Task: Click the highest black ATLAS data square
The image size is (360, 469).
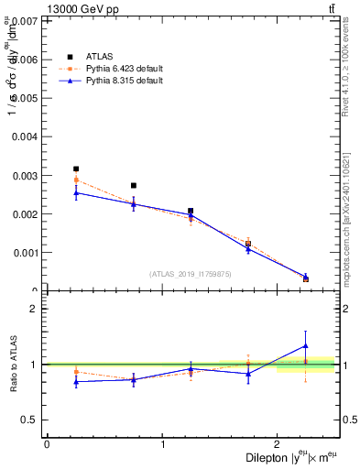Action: pos(76,169)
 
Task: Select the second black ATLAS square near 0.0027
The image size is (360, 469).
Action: pos(134,186)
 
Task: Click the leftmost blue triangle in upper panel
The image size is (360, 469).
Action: pos(76,192)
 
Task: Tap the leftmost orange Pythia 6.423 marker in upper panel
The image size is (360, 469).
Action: pos(76,180)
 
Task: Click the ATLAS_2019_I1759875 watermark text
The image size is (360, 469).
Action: pos(191,274)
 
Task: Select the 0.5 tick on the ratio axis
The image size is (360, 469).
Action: pos(30,420)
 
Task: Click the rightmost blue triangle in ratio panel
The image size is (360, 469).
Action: pos(306,345)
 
